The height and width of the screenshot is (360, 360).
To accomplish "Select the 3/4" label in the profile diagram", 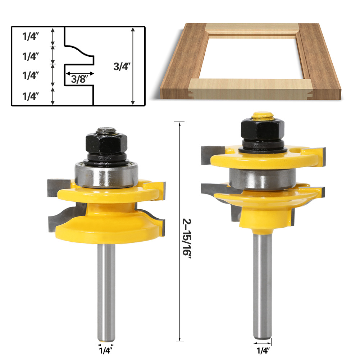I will point(121,67).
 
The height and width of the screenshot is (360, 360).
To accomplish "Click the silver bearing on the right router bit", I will point(263,179).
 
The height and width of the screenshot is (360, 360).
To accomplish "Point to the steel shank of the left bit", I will point(106,284).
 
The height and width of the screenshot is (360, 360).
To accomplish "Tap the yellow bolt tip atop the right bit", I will point(262,116).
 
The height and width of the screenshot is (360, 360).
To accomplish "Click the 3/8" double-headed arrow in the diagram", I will point(79,73).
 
